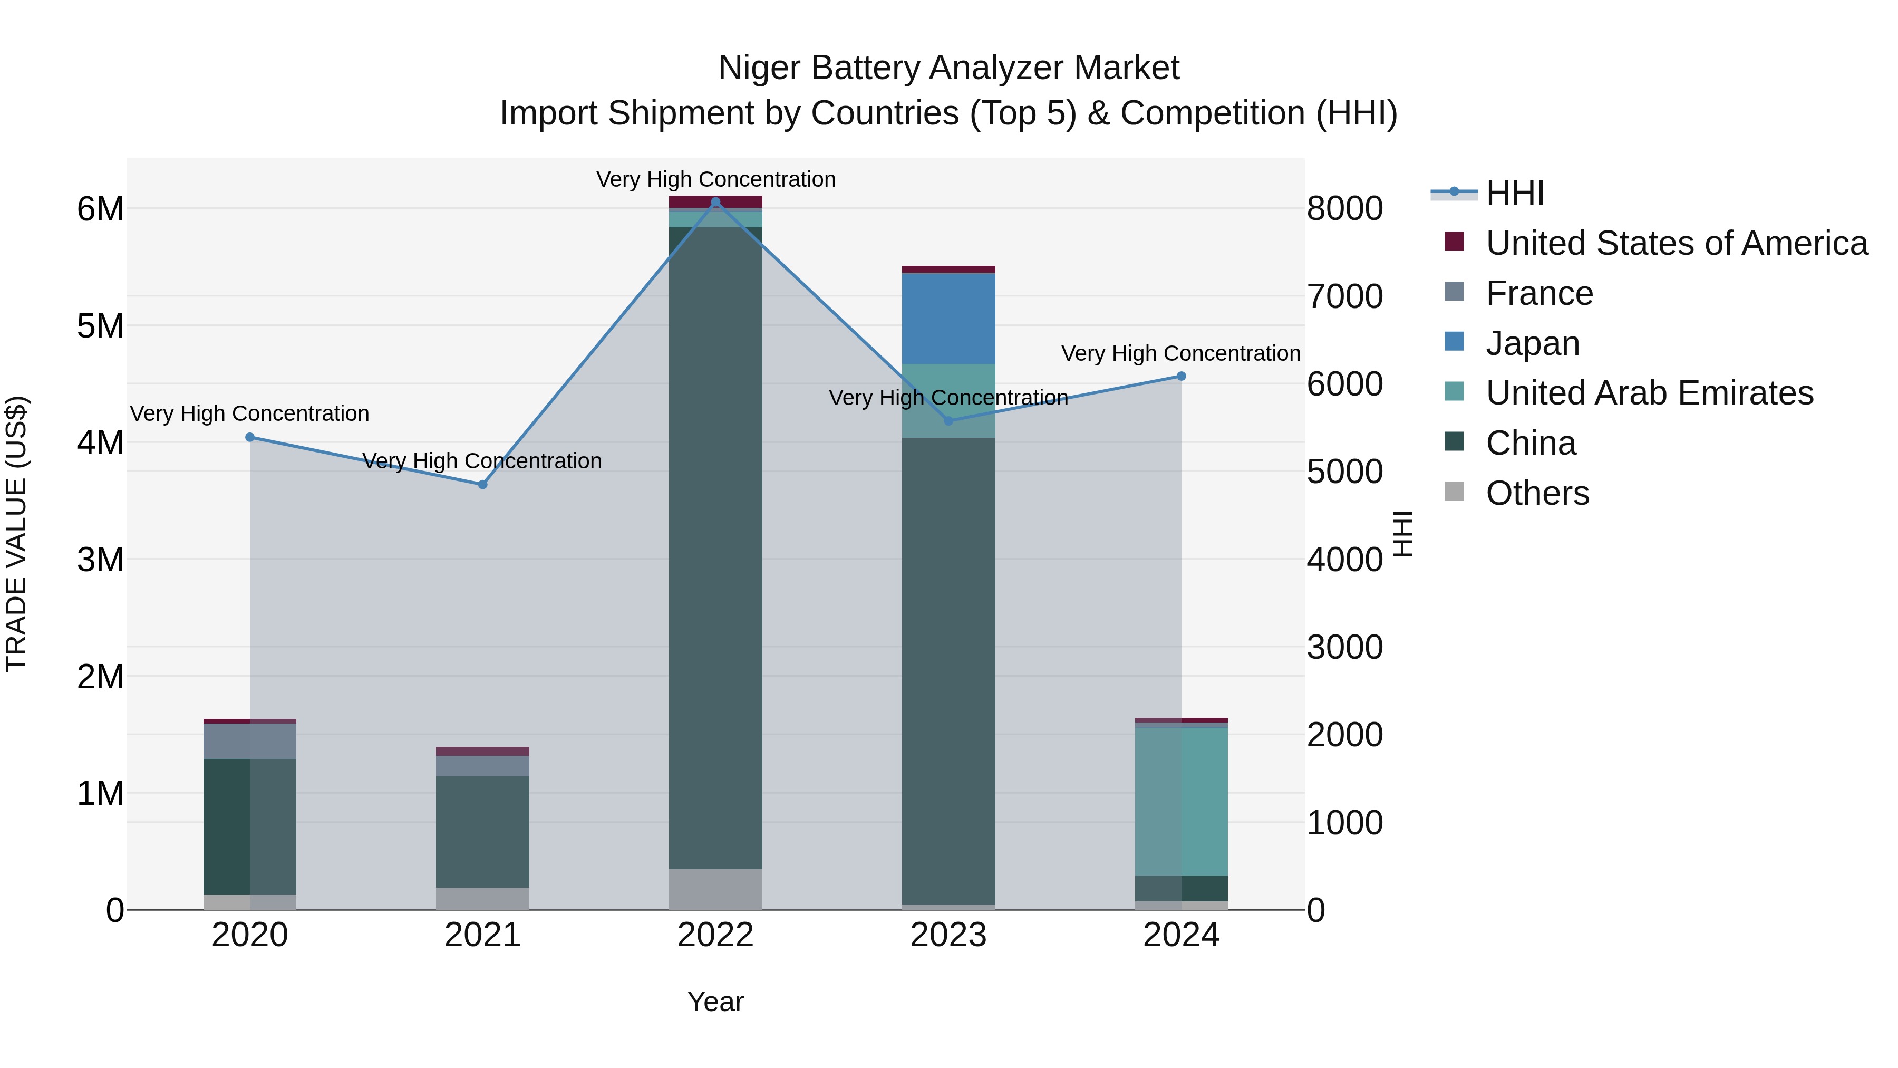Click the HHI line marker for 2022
[x=715, y=202]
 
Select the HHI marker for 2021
[x=482, y=484]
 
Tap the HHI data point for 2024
[x=1181, y=376]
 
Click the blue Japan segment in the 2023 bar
[x=948, y=319]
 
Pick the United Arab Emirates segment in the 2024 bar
[x=1181, y=801]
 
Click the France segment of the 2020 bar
[x=250, y=741]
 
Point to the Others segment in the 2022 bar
[x=715, y=889]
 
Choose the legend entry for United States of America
[x=1676, y=243]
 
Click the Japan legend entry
[x=1533, y=343]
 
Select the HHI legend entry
[x=1515, y=193]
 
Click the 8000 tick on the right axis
[x=1344, y=208]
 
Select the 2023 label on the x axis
[x=948, y=935]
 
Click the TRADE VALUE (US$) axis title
[x=17, y=534]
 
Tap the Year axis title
[x=715, y=1002]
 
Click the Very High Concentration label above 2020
[x=250, y=413]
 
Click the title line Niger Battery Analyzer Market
[x=948, y=68]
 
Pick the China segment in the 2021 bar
[x=482, y=831]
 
